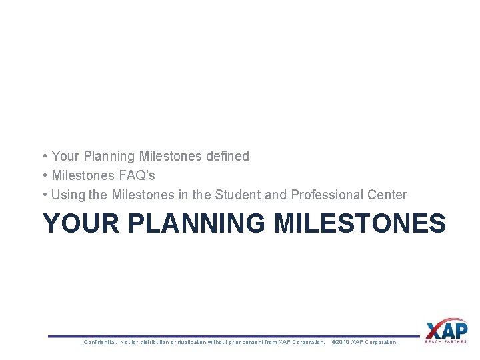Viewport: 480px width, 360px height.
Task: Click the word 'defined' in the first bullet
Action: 227,156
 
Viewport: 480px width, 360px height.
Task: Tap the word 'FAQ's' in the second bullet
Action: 136,175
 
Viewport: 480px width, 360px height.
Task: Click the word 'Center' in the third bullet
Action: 387,195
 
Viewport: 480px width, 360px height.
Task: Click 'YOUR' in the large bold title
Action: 80,223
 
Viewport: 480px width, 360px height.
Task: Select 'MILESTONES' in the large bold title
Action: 360,223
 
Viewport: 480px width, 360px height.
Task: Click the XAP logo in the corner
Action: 446,330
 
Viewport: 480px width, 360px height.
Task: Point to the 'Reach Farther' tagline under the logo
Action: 446,342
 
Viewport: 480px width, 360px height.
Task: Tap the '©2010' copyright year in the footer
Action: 340,342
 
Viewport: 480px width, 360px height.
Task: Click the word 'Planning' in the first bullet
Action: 109,156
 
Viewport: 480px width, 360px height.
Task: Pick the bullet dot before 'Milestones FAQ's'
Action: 44,175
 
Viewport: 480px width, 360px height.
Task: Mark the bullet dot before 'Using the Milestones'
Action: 44,195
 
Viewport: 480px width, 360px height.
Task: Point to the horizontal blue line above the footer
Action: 233,336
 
